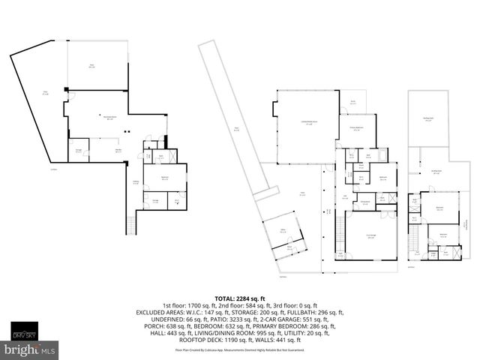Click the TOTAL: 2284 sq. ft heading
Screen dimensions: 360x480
tap(239, 298)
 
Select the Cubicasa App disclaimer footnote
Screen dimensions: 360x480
tap(239, 349)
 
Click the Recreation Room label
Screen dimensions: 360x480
tap(112, 117)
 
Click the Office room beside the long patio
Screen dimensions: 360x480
tap(283, 232)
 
